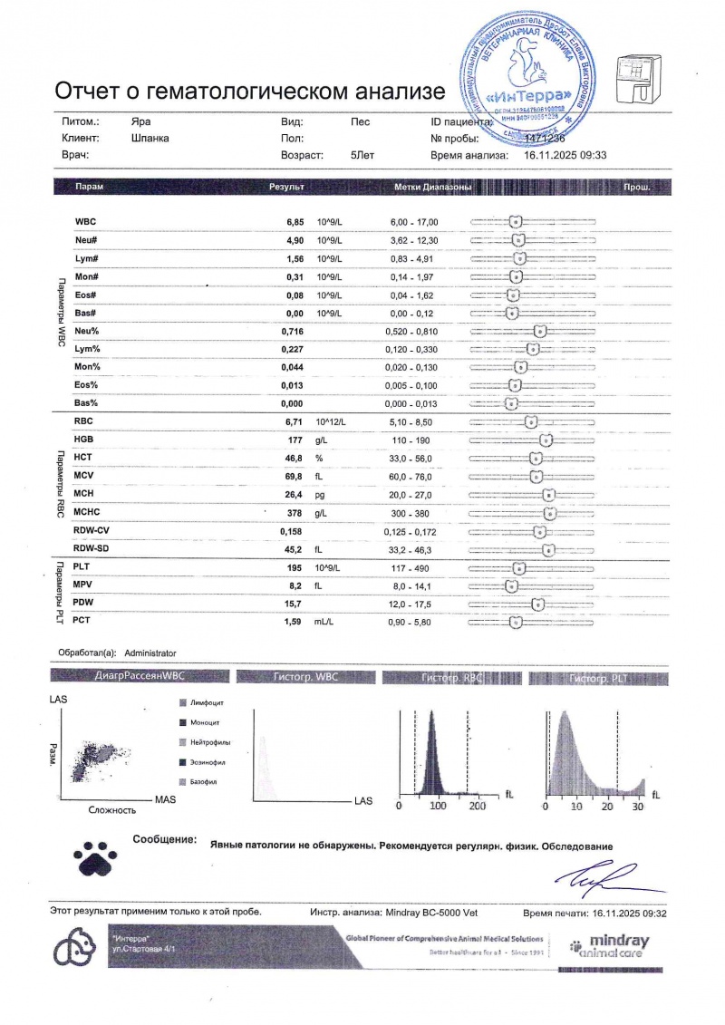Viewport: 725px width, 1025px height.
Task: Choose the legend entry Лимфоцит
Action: (x=207, y=703)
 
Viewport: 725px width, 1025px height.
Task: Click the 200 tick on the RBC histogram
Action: (x=478, y=806)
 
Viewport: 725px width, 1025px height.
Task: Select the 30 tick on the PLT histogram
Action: (x=637, y=806)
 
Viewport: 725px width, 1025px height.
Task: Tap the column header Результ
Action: (x=285, y=187)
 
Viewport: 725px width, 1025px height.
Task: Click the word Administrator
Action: (x=150, y=653)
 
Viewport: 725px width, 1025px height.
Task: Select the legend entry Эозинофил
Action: (x=208, y=762)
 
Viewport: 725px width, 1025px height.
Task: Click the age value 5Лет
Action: (x=362, y=155)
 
